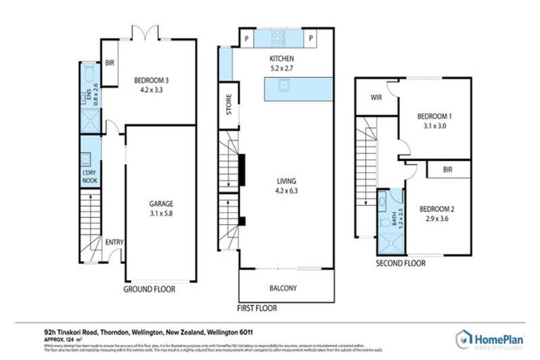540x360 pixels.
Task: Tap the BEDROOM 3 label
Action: coord(151,80)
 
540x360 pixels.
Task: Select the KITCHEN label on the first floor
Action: coord(281,58)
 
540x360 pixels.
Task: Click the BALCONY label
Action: coord(283,288)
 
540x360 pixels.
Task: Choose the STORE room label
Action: coord(229,110)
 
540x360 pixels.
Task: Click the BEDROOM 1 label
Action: coord(434,117)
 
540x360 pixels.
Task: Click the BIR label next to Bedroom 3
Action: coord(109,63)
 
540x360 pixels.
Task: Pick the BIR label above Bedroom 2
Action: coord(447,170)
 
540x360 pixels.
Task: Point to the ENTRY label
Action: coord(114,243)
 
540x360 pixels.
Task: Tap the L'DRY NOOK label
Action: coord(89,177)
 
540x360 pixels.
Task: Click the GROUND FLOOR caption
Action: coord(149,289)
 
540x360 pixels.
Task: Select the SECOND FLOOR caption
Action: coord(401,264)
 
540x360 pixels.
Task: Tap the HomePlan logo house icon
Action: coord(464,339)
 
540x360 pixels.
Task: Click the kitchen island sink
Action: coord(284,86)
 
